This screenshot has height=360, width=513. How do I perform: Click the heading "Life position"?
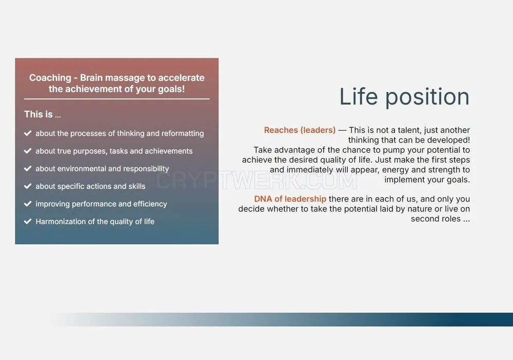pyautogui.click(x=404, y=97)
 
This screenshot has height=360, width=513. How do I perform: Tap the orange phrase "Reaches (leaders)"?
pyautogui.click(x=300, y=130)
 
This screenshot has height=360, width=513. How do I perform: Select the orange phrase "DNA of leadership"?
pyautogui.click(x=290, y=199)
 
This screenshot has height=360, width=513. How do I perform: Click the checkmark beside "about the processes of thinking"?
pyautogui.click(x=28, y=133)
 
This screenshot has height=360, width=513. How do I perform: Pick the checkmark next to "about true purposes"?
pyautogui.click(x=28, y=151)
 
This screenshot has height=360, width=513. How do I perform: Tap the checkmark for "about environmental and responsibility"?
pyautogui.click(x=28, y=168)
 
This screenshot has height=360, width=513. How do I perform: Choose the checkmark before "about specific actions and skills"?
pyautogui.click(x=28, y=186)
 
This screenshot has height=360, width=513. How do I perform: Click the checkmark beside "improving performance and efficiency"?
pyautogui.click(x=28, y=204)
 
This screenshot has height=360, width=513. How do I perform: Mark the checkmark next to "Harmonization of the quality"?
pyautogui.click(x=28, y=222)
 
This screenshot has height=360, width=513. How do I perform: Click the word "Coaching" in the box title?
pyautogui.click(x=50, y=78)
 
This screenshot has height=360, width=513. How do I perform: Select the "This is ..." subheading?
pyautogui.click(x=43, y=114)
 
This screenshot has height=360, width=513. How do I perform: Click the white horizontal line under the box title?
pyautogui.click(x=117, y=99)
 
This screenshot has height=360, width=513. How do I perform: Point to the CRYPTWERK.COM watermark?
pyautogui.click(x=256, y=181)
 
